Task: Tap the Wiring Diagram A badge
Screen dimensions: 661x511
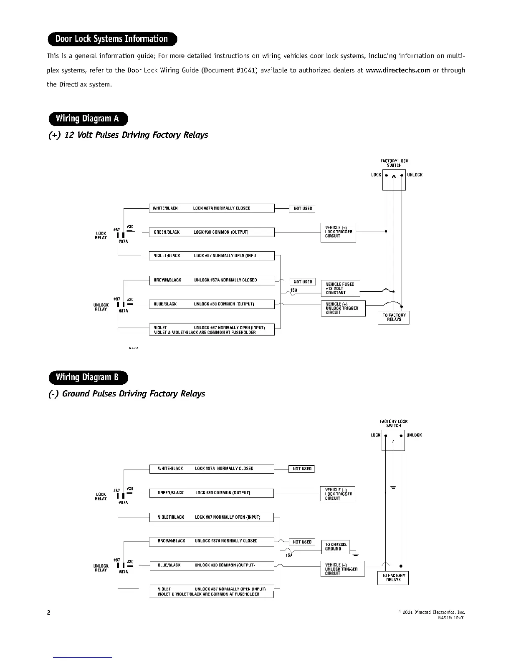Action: point(88,119)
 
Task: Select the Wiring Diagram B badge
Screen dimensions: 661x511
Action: point(88,378)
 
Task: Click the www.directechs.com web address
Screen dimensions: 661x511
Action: point(397,70)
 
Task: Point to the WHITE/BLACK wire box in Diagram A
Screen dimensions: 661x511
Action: point(212,208)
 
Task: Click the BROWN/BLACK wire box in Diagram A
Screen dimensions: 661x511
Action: point(212,280)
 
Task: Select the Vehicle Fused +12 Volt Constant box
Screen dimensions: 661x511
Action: point(340,288)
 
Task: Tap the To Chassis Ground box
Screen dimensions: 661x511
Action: point(335,547)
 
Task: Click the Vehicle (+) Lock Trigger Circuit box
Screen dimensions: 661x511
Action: point(338,232)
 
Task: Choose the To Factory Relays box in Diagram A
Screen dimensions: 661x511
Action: point(394,318)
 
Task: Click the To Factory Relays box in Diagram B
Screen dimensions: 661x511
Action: point(393,578)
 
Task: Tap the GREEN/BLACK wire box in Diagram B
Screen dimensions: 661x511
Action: point(212,493)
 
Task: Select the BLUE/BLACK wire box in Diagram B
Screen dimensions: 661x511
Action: point(212,565)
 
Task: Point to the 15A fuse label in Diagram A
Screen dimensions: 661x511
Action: point(294,290)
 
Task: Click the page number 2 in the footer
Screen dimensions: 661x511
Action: point(48,613)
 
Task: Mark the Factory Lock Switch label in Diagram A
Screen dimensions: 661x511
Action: point(394,163)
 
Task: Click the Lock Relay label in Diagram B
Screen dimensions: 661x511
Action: point(101,496)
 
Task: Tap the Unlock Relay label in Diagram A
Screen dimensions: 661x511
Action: point(101,307)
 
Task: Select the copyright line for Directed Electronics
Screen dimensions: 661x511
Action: point(432,612)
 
